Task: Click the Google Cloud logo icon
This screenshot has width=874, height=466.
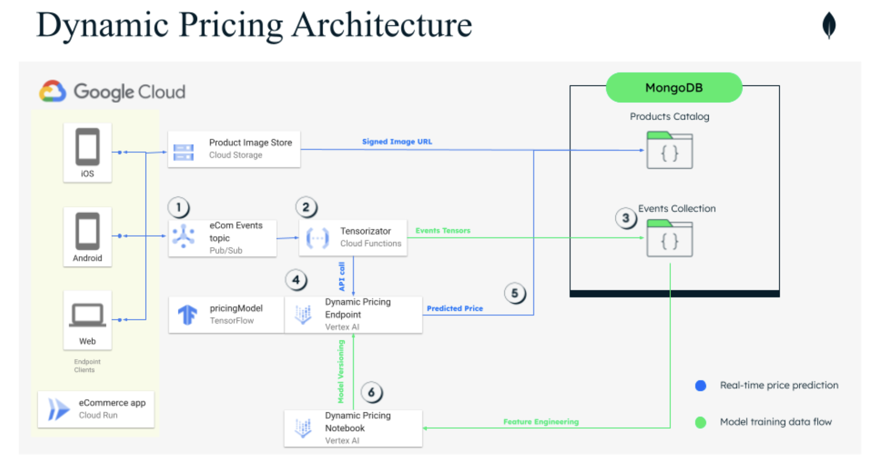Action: pos(52,91)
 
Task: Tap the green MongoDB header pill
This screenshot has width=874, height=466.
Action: pos(674,87)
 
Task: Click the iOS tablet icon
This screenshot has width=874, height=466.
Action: pos(87,147)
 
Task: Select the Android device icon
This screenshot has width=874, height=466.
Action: pos(87,231)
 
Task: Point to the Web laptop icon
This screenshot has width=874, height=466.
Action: pos(87,315)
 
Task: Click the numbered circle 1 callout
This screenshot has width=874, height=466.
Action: pos(178,207)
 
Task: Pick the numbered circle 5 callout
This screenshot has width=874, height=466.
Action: pos(515,293)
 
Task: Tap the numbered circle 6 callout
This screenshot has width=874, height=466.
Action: pos(371,392)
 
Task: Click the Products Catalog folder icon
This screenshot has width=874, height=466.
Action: pos(670,150)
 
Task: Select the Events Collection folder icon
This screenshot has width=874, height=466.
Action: pos(670,238)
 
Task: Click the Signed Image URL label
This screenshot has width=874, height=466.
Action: pos(397,141)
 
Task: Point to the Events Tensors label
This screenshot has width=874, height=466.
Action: pos(443,230)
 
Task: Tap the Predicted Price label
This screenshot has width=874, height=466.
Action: pos(455,308)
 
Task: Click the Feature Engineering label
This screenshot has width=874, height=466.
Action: pos(541,422)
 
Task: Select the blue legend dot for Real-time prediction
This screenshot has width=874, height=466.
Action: pos(700,385)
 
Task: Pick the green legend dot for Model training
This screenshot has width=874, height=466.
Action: pos(700,422)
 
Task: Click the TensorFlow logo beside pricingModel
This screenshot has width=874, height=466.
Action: pos(188,314)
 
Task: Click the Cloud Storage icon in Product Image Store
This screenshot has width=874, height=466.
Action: pos(183,152)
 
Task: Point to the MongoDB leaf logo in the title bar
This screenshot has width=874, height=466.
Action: pos(829,25)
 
